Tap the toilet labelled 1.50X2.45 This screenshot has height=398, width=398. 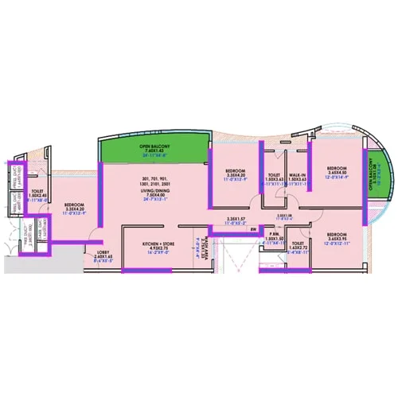tap(37, 192)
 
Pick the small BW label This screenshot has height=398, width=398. tap(252, 229)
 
